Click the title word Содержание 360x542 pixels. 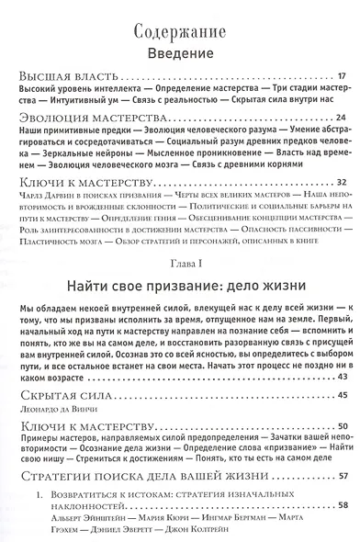click(179, 27)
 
